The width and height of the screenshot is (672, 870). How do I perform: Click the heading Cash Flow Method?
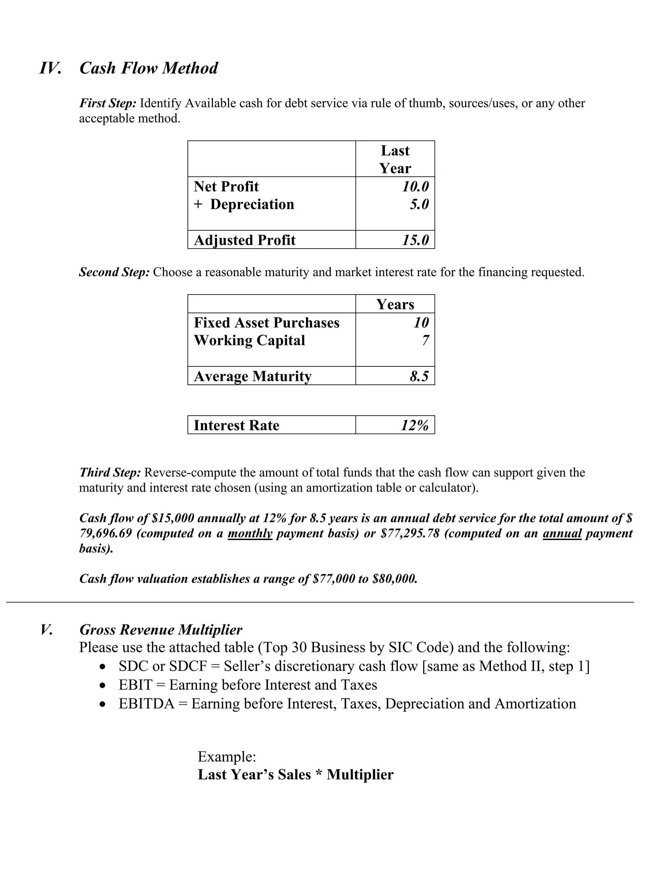coord(149,68)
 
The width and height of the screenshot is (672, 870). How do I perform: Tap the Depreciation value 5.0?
coord(419,204)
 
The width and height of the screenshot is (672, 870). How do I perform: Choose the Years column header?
coord(395,304)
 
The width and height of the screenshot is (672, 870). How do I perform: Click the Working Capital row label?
coord(249,340)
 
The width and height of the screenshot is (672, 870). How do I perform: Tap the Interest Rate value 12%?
coord(414,425)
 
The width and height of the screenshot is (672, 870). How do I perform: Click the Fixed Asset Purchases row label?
coord(266,323)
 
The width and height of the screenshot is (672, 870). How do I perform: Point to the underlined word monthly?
coord(250,533)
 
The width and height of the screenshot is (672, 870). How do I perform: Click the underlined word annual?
coord(562,533)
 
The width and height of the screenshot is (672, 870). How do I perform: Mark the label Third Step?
coord(110,472)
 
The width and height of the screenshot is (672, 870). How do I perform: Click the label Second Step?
coord(114,272)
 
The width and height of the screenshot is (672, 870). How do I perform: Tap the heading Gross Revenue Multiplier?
coord(160,630)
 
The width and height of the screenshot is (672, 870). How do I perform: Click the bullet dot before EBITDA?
coord(103,705)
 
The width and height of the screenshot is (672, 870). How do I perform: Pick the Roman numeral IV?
coord(50,68)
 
